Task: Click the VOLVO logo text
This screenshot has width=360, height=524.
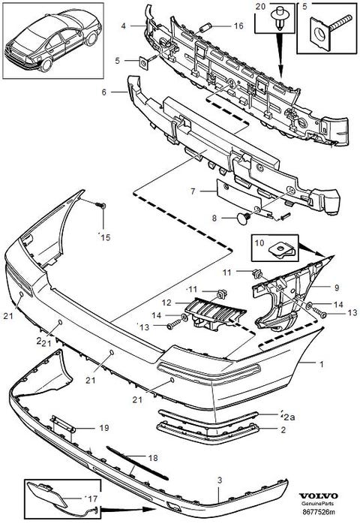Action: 318,496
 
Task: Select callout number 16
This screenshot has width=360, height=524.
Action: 238,26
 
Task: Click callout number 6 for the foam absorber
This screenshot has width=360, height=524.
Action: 103,92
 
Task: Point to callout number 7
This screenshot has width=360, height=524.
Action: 193,191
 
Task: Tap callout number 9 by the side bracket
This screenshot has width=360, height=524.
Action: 337,287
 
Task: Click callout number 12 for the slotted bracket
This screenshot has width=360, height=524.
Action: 166,303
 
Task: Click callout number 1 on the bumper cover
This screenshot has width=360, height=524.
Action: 322,363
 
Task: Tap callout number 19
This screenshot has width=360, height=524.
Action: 104,427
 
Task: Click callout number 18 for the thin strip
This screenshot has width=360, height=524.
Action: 153,457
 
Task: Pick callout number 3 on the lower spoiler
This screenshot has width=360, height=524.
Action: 220,480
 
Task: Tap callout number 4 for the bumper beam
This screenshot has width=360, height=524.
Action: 124,26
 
